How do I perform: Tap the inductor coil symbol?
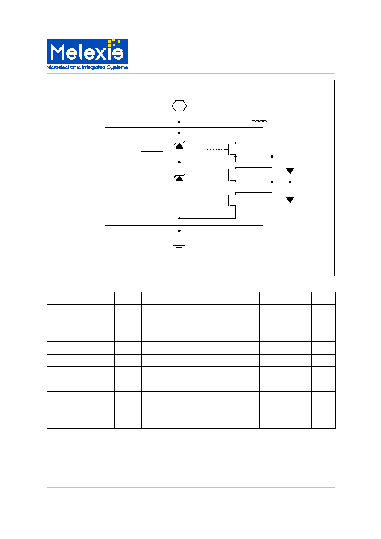(259, 121)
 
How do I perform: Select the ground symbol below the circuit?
(179, 247)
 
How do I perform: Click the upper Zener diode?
(179, 145)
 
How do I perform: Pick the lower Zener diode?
(179, 178)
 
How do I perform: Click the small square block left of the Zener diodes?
(152, 162)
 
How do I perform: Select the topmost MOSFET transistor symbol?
(232, 149)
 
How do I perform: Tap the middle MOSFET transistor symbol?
(232, 175)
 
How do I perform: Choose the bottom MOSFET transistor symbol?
(232, 200)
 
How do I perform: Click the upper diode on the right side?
(290, 171)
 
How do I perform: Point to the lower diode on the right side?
(290, 200)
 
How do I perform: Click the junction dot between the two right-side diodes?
(290, 182)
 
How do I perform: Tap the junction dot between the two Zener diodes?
(179, 162)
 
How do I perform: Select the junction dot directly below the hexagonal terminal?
(179, 122)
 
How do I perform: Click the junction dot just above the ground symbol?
(179, 231)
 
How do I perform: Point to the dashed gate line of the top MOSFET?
(214, 149)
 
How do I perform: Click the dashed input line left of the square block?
(122, 162)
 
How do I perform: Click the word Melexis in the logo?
(87, 52)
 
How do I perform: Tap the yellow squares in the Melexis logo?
(114, 43)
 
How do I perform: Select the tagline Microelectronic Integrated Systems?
(87, 67)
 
